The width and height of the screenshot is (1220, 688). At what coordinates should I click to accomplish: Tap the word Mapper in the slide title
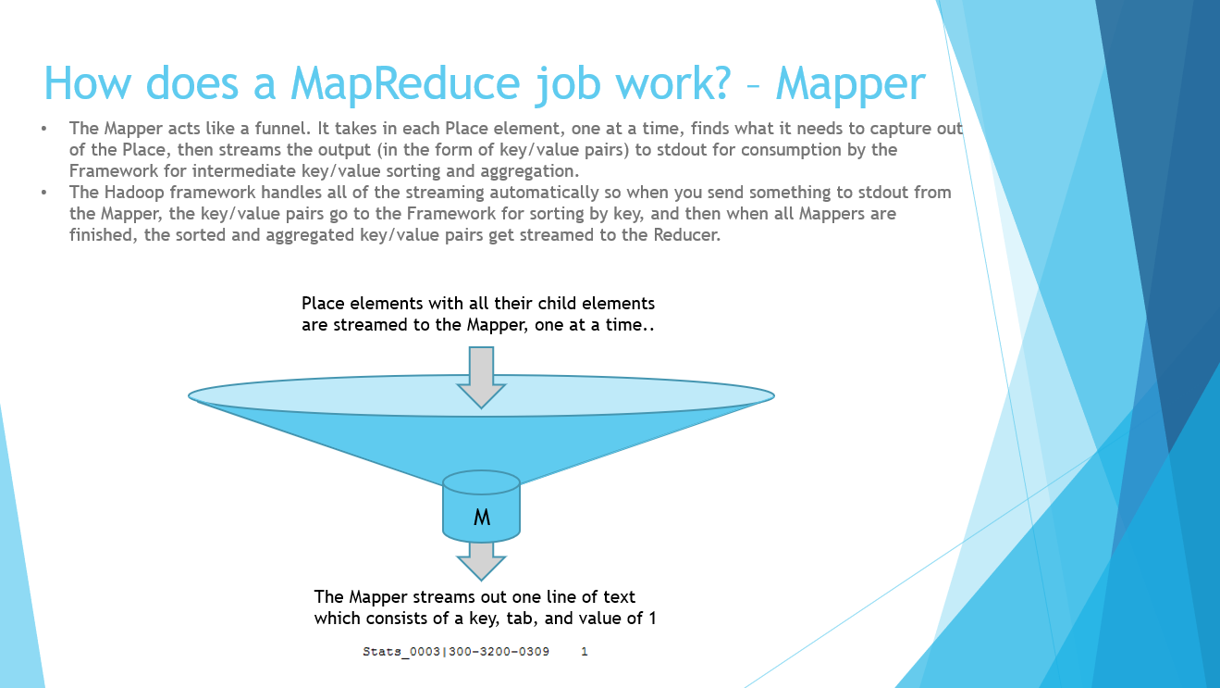(x=850, y=84)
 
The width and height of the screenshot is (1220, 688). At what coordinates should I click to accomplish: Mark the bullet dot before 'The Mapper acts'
(x=44, y=129)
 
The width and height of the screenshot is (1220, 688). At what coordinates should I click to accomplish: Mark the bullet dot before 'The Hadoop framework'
(x=44, y=193)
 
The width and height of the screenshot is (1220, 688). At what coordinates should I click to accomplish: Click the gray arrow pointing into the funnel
(x=481, y=375)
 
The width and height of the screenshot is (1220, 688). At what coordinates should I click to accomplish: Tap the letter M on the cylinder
(x=481, y=519)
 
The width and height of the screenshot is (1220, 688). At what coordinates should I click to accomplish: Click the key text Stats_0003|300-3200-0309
(x=456, y=652)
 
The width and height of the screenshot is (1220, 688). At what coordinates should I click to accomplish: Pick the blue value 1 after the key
(x=585, y=652)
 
